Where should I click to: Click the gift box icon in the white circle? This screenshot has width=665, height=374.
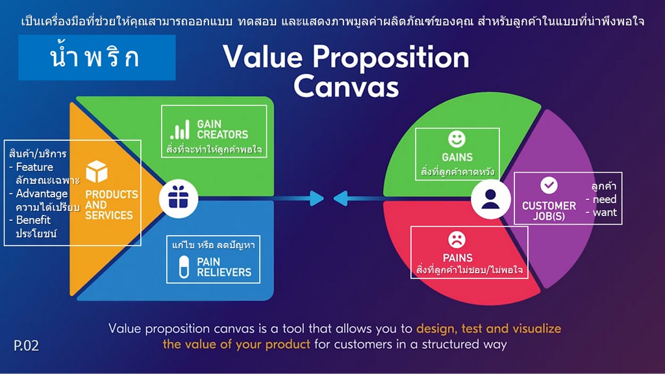178,197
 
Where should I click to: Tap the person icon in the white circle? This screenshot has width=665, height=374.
490,199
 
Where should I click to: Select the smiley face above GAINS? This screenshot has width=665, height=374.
457,139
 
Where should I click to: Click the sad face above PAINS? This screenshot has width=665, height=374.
457,240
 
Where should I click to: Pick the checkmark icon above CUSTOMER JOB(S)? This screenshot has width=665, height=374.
549,185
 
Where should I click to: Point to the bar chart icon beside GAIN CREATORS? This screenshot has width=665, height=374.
180,129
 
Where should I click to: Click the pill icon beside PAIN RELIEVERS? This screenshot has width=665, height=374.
184,267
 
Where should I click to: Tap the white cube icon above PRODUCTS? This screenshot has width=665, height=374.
97,171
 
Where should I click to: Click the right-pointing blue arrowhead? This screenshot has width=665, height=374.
316,198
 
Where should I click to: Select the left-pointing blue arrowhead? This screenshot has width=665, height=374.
340,198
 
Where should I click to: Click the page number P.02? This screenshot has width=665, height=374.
26,345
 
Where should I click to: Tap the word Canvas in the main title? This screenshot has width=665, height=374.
346,86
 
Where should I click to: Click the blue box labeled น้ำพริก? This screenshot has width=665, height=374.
97,58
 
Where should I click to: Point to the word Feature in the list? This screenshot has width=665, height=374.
34,167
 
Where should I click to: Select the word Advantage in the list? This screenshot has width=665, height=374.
42,193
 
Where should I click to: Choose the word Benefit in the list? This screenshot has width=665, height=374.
33,220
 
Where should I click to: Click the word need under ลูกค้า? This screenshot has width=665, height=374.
605,199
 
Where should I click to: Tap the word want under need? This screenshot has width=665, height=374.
605,212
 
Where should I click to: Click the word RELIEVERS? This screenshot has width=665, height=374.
224,272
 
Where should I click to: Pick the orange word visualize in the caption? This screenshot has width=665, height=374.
536,329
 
